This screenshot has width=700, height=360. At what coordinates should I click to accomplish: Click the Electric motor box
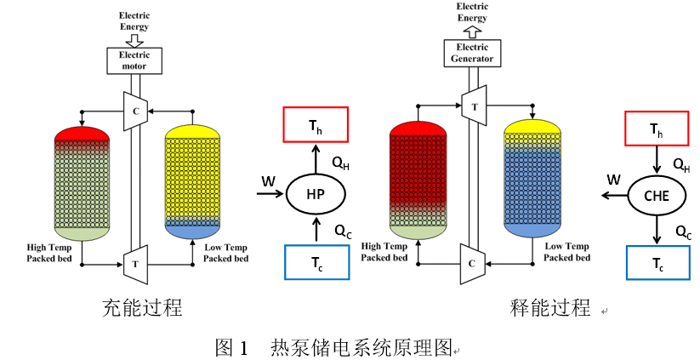click(134, 60)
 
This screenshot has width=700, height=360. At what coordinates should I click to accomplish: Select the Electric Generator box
click(473, 54)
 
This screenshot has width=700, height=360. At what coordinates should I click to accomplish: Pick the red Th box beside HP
click(315, 125)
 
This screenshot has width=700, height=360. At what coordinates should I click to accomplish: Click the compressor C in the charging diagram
click(135, 110)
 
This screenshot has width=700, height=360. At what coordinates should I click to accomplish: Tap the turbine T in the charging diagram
click(134, 264)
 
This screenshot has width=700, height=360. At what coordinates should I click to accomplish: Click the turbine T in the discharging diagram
click(473, 106)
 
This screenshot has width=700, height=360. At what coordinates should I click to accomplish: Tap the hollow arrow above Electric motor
click(134, 37)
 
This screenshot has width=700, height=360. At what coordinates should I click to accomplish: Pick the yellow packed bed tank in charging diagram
click(192, 180)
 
